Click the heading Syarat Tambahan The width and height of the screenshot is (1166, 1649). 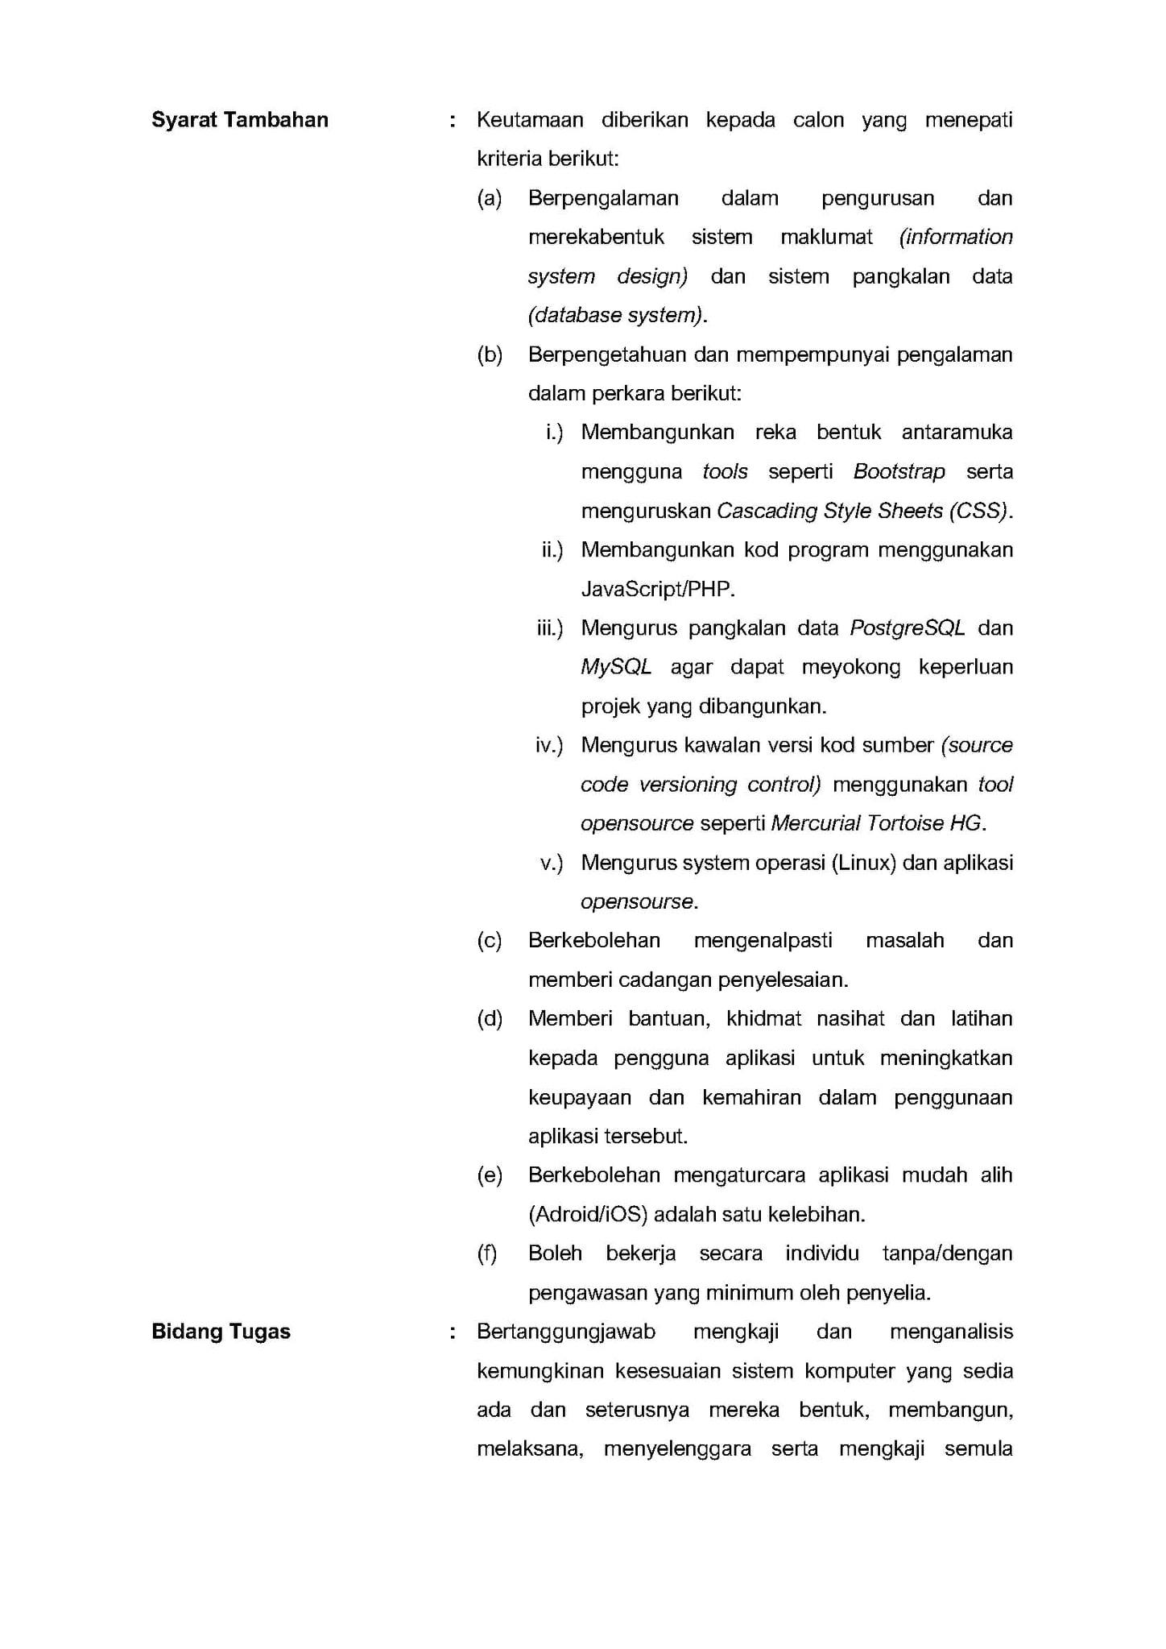[240, 120]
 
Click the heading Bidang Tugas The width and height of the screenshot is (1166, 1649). [221, 1332]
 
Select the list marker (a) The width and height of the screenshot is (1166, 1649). [490, 198]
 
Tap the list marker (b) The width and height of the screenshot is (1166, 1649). [490, 354]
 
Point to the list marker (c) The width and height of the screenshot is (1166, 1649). [490, 940]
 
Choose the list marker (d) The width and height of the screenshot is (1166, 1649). [490, 1019]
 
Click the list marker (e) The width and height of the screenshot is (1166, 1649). [490, 1175]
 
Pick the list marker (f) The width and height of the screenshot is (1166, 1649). [487, 1253]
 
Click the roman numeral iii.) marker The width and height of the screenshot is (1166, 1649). [550, 628]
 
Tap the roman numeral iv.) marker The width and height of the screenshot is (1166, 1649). [549, 745]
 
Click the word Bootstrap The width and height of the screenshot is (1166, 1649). [899, 471]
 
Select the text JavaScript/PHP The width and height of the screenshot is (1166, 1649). [658, 590]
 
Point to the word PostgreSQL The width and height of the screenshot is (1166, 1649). [907, 628]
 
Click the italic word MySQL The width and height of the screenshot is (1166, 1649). [616, 667]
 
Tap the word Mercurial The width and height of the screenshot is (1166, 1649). [815, 823]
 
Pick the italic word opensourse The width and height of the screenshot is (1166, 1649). [637, 901]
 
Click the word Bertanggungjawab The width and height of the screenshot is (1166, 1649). [566, 1332]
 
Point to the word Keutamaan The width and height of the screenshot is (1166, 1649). [530, 120]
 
